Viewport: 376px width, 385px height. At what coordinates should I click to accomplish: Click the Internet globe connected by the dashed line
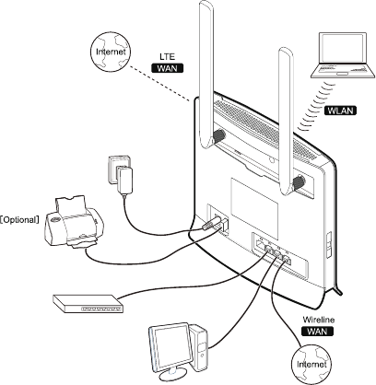coord(111,52)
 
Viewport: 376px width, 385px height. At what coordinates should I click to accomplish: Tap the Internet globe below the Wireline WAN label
coord(311,364)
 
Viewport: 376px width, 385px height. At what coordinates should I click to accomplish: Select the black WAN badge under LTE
coord(167,68)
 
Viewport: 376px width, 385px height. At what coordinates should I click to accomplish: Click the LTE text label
coord(167,56)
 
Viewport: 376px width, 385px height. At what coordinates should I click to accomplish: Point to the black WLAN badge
coord(340,111)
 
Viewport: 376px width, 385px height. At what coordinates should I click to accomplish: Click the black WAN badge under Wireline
coord(317,332)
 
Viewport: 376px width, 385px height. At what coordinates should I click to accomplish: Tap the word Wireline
coord(319,320)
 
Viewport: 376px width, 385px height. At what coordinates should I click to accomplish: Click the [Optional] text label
coord(19,220)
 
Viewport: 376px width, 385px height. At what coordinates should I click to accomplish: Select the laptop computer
coord(343,55)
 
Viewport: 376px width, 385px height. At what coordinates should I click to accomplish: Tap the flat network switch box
coord(88,304)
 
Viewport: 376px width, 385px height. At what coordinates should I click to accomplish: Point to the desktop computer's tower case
coord(199,347)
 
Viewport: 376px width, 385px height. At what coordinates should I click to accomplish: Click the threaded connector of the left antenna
coord(218,135)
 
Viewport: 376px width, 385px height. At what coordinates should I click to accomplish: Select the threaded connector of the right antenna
coord(299,182)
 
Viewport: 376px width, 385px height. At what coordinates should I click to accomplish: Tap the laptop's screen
coord(343,48)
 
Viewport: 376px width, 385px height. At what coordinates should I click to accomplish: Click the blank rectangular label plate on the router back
coord(254,209)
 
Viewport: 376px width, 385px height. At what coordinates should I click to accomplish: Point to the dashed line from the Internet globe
coord(159,83)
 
